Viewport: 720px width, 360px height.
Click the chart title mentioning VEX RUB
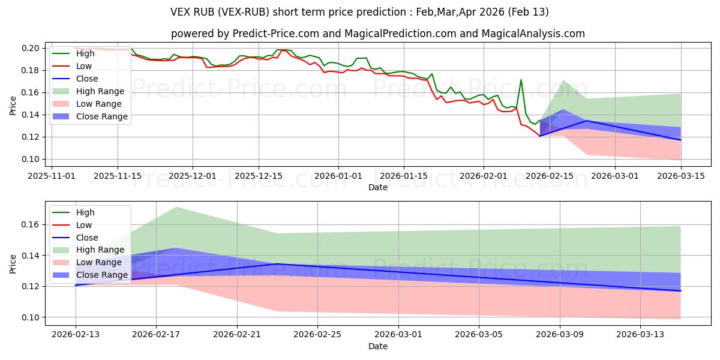tap(359, 12)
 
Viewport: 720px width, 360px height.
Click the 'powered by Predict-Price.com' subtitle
tap(377, 34)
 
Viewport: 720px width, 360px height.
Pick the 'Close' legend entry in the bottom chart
tap(87, 238)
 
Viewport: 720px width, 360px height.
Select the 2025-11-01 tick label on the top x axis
tap(52, 176)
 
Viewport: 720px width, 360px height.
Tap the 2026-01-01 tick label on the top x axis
tap(338, 176)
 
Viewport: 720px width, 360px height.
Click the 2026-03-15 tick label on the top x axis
tap(681, 176)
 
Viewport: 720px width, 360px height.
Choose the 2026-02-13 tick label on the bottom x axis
tap(76, 335)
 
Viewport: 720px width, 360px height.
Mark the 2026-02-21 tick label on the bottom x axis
tap(237, 335)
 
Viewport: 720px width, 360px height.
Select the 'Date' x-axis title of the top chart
tap(377, 187)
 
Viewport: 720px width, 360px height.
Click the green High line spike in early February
tap(521, 80)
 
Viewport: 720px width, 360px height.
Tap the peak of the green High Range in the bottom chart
tap(176, 207)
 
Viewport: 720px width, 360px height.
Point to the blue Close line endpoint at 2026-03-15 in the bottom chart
tap(680, 291)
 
